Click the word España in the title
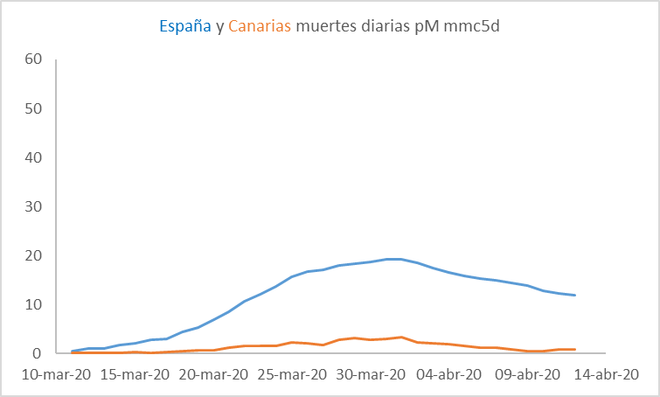click(185, 26)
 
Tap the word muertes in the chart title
click(326, 26)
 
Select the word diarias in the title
click(386, 26)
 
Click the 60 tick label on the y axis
click(34, 59)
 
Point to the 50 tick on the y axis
click(34, 108)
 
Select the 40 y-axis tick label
click(34, 157)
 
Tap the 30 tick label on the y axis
click(34, 206)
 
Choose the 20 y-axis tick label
click(34, 255)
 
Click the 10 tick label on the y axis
click(34, 304)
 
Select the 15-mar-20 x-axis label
click(135, 373)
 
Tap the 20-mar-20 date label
click(214, 373)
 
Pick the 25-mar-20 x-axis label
click(293, 373)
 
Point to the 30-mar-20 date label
click(372, 373)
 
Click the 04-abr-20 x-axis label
click(450, 373)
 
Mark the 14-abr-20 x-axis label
click(606, 373)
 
